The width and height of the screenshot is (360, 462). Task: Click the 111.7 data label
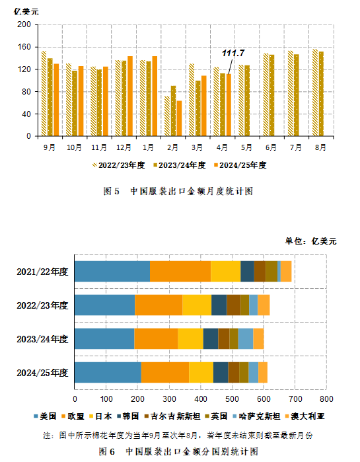pyautogui.click(x=233, y=53)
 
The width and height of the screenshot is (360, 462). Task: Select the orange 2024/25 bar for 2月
pyautogui.click(x=179, y=118)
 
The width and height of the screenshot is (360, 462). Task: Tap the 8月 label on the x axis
pyautogui.click(x=320, y=147)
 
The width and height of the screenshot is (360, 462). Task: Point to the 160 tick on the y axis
pyautogui.click(x=24, y=47)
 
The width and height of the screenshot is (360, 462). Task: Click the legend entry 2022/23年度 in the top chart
pyautogui.click(x=119, y=165)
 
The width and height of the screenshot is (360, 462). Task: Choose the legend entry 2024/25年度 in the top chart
pyautogui.click(x=240, y=165)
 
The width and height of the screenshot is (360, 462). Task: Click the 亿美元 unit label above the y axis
pyautogui.click(x=26, y=12)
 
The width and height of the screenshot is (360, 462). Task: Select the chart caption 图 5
pyautogui.click(x=111, y=191)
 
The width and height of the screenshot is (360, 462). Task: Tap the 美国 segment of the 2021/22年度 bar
pyautogui.click(x=112, y=272)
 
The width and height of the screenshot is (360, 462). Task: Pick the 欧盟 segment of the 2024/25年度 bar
pyautogui.click(x=165, y=372)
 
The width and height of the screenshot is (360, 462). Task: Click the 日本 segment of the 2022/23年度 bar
pyautogui.click(x=197, y=305)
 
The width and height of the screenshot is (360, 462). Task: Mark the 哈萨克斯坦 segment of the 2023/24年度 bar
pyautogui.click(x=246, y=339)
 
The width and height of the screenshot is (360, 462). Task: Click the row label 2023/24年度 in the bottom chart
pyautogui.click(x=42, y=339)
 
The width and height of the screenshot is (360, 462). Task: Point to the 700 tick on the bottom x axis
pyautogui.click(x=295, y=399)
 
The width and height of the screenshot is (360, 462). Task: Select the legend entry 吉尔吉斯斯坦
pyautogui.click(x=172, y=416)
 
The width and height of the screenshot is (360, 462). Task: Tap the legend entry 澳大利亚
pyautogui.click(x=305, y=416)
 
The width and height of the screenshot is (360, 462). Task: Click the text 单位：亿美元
pyautogui.click(x=310, y=241)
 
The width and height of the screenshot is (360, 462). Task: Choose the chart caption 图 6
pyautogui.click(x=106, y=451)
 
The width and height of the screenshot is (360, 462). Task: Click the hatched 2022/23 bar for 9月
pyautogui.click(x=44, y=93)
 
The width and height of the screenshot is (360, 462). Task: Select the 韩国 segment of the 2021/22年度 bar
pyautogui.click(x=247, y=272)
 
